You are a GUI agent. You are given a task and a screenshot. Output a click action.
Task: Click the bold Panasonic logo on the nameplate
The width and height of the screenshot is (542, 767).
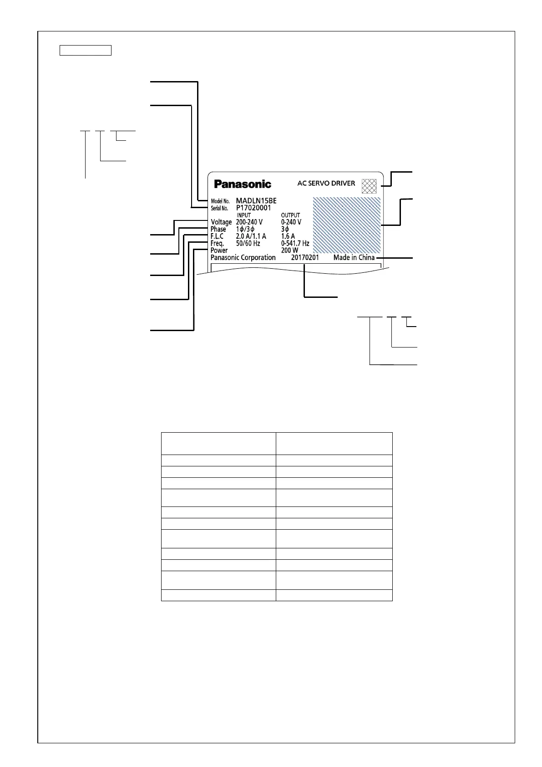click(x=243, y=184)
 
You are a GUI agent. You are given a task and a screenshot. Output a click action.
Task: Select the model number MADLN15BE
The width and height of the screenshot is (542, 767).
click(x=256, y=201)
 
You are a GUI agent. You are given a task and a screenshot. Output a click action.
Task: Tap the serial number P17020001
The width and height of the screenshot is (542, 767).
click(x=253, y=208)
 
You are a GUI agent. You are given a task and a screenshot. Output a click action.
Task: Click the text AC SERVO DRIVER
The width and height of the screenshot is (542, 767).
click(x=326, y=184)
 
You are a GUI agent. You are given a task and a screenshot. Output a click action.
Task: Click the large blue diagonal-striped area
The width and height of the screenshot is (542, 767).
click(x=347, y=225)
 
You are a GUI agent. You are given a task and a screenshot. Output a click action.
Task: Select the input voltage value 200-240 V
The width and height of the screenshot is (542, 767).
click(x=249, y=222)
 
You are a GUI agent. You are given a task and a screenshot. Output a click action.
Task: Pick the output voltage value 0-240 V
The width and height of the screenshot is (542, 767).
click(x=291, y=222)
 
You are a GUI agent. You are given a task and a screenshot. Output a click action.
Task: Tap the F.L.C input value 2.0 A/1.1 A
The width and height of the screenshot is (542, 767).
click(x=251, y=236)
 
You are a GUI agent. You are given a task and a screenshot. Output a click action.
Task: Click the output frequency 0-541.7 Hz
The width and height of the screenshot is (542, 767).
click(x=295, y=244)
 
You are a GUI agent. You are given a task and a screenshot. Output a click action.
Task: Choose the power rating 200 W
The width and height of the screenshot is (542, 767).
click(x=289, y=251)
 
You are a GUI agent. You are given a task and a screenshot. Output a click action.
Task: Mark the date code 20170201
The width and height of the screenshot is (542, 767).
click(x=305, y=258)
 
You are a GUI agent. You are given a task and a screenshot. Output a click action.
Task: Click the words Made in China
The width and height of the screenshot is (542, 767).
click(x=354, y=258)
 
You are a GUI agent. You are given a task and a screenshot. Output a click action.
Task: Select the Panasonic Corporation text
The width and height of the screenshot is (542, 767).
click(x=243, y=258)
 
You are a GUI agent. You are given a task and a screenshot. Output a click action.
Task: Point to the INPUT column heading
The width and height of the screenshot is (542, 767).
click(x=243, y=215)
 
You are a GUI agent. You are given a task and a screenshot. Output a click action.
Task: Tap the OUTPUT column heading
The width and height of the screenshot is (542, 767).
click(x=290, y=215)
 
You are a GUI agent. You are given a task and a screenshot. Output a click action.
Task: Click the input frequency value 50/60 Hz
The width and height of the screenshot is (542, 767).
click(x=248, y=244)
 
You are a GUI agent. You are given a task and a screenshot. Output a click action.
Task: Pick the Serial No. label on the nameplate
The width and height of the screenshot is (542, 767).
click(x=219, y=209)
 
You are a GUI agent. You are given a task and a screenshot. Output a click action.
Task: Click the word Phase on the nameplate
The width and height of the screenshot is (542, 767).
click(x=218, y=230)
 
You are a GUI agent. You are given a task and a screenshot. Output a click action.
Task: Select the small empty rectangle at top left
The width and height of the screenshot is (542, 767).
click(x=86, y=51)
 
